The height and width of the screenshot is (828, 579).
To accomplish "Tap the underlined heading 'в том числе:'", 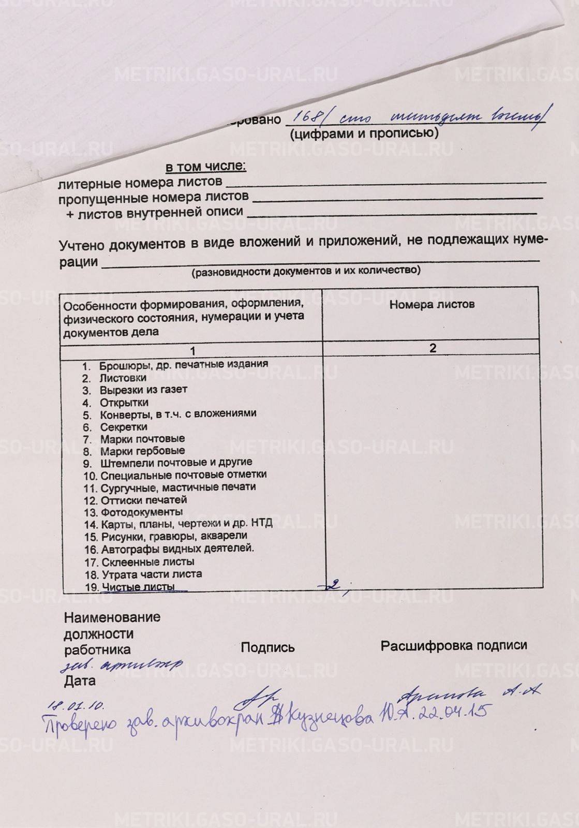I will click(x=205, y=167).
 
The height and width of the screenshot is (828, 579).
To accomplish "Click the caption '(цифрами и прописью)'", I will click(x=364, y=134).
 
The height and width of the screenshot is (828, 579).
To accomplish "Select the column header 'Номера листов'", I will click(x=432, y=304).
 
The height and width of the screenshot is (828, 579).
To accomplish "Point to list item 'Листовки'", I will click(x=123, y=378).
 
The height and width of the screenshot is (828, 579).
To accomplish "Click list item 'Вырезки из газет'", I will click(x=143, y=390).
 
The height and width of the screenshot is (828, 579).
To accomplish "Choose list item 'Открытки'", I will click(x=124, y=402).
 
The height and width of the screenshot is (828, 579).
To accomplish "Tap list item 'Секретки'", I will click(x=124, y=427).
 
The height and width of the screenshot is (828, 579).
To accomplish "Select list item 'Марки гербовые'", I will click(x=142, y=451).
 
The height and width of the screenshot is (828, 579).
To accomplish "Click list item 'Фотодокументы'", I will click(x=141, y=512).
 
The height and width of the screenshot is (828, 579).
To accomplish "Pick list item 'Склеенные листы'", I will click(x=147, y=561).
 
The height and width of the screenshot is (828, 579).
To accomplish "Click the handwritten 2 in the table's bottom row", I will click(x=335, y=584).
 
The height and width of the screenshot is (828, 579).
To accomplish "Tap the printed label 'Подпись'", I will click(x=268, y=647).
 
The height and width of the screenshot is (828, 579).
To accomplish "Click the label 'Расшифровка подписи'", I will click(x=454, y=645).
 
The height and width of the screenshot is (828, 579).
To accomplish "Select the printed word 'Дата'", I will click(x=80, y=681).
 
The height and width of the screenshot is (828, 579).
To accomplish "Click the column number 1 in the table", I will click(x=192, y=351).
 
